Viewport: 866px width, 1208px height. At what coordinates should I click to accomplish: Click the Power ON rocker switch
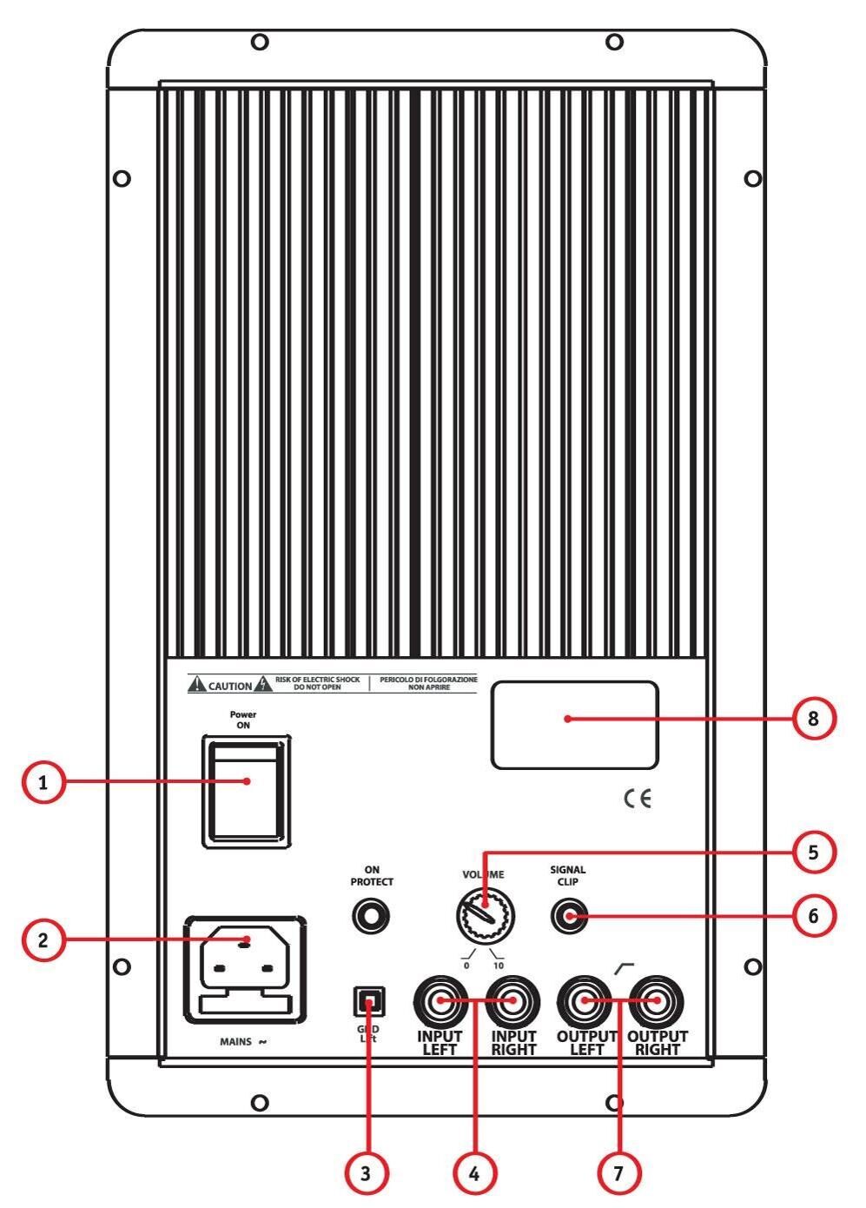pyautogui.click(x=247, y=791)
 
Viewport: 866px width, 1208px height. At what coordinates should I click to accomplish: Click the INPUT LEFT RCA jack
pyautogui.click(x=440, y=1001)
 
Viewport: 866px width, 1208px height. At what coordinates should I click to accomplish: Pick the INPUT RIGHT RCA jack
pyautogui.click(x=512, y=1001)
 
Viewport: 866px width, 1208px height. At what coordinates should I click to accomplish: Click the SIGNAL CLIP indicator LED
pyautogui.click(x=570, y=915)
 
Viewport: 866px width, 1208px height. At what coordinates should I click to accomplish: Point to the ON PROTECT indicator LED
pyautogui.click(x=371, y=915)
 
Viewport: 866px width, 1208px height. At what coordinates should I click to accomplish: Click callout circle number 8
pyautogui.click(x=813, y=719)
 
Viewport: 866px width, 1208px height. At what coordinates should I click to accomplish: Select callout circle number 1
pyautogui.click(x=43, y=783)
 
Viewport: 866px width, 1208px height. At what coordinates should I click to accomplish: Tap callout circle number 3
pyautogui.click(x=366, y=1173)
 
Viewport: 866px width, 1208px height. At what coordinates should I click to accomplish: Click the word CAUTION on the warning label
pyautogui.click(x=230, y=686)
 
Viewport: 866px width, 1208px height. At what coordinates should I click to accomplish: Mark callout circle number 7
pyautogui.click(x=618, y=1173)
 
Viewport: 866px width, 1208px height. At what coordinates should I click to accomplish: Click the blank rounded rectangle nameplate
pyautogui.click(x=574, y=725)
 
